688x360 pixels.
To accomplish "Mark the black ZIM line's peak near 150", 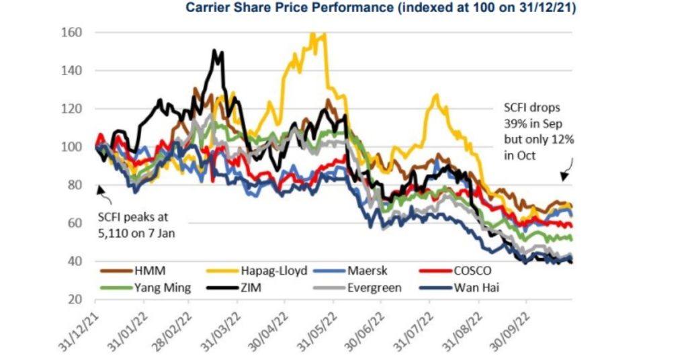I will pyautogui.click(x=214, y=51).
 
